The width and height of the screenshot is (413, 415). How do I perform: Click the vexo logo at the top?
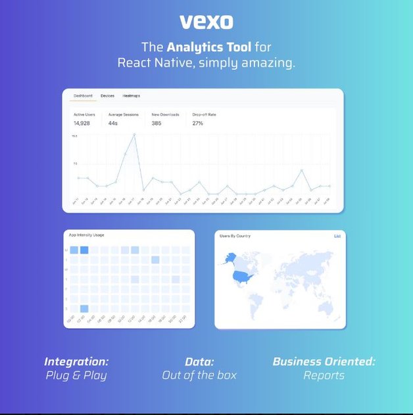coord(206,22)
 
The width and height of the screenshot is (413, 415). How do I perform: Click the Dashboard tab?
coord(83,96)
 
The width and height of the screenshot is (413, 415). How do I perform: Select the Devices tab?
coord(107,96)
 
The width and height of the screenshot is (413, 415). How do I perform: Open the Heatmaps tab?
coord(132,96)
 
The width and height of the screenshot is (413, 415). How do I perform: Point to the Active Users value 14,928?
coord(82,123)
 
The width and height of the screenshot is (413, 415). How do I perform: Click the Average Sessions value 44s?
coord(113,123)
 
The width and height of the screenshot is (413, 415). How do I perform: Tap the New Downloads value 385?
coord(157,123)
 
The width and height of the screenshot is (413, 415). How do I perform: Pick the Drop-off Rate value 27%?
coord(197,123)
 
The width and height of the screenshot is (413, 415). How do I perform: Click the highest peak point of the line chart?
coord(134,134)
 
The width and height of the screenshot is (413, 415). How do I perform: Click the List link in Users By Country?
coord(337,235)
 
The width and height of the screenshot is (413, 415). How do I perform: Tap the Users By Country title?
coord(235,235)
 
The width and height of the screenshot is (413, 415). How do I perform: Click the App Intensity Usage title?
coord(86,235)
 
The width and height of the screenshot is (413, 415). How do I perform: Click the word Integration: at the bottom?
coord(76,362)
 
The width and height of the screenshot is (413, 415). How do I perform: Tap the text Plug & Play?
coord(76,375)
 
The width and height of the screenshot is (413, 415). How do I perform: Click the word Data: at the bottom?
coord(199,362)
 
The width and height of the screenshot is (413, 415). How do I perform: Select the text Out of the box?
coord(199,375)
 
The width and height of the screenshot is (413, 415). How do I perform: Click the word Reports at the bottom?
coord(324,375)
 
